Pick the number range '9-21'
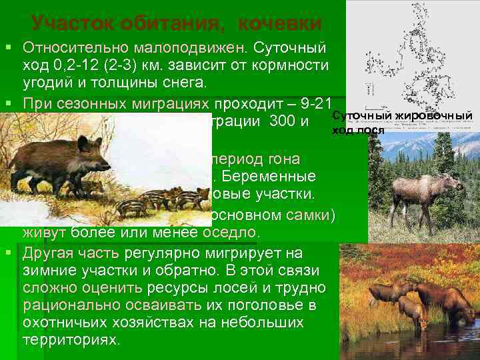tap(318, 103)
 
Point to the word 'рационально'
tap(63, 305)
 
